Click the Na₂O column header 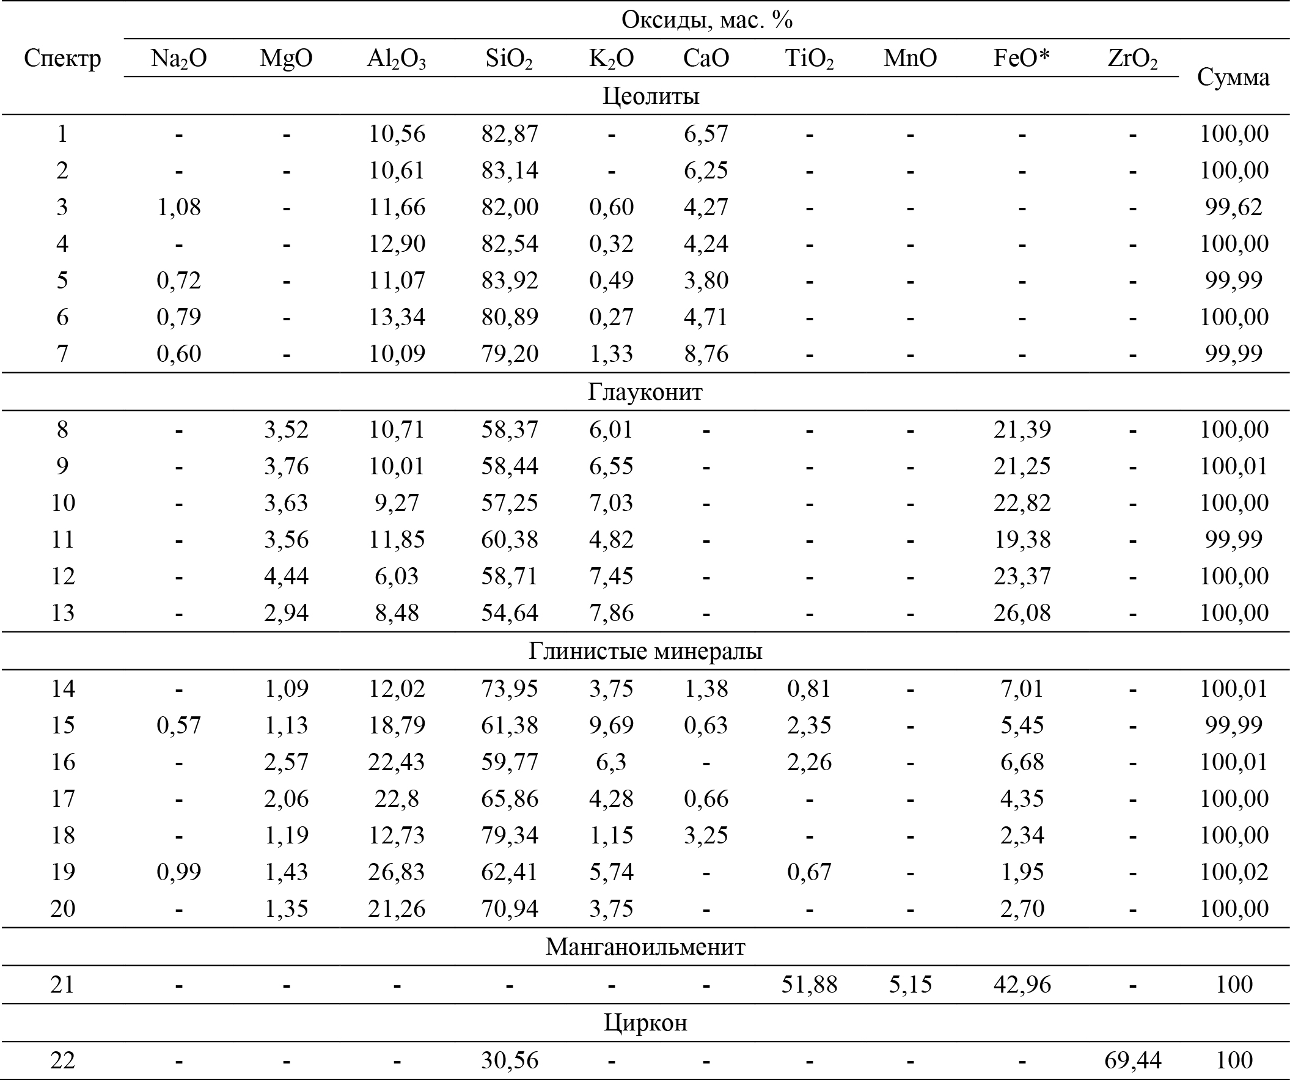[x=179, y=59]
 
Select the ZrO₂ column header [x=1132, y=59]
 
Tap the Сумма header [x=1233, y=78]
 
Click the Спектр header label [x=62, y=59]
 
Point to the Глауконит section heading [x=645, y=392]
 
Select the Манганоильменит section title [x=645, y=947]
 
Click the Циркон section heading [x=645, y=1023]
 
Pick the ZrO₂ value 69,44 [x=1132, y=1060]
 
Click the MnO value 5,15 [x=910, y=984]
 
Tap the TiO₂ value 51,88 [x=809, y=984]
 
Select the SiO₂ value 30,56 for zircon [x=509, y=1060]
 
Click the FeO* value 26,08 [x=1022, y=613]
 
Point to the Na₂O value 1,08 [x=179, y=207]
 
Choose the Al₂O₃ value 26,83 [x=396, y=872]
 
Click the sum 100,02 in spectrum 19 [x=1234, y=872]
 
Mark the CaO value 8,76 [x=706, y=354]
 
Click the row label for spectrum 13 [x=62, y=613]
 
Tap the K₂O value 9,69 [x=610, y=726]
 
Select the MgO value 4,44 [x=285, y=576]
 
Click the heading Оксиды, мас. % [x=706, y=20]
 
